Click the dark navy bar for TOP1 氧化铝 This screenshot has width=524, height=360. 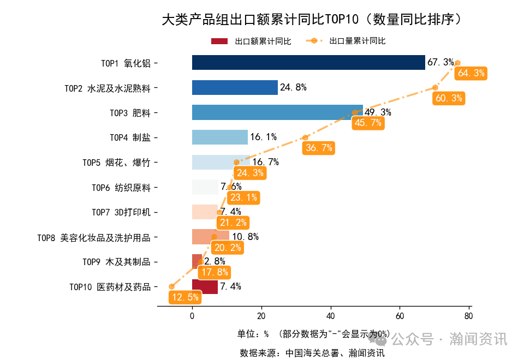[x=308, y=63]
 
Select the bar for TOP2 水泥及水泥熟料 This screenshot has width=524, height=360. [x=235, y=87]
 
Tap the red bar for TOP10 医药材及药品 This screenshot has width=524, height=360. [x=205, y=286]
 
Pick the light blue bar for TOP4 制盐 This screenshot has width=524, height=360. [x=219, y=137]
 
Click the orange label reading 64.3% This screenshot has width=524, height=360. [x=471, y=73]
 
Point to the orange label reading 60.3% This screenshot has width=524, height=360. [x=449, y=98]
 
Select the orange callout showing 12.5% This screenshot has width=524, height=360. [x=184, y=297]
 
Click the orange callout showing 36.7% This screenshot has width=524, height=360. [x=319, y=148]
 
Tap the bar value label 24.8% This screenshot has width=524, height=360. [x=293, y=87]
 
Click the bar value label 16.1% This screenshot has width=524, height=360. [x=263, y=137]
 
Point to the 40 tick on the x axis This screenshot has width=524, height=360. [x=330, y=315]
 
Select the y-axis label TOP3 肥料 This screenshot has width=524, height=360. [x=130, y=113]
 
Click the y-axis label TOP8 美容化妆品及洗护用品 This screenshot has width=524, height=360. [x=93, y=237]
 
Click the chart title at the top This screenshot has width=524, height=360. [x=314, y=20]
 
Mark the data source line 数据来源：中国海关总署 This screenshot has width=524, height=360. [x=312, y=353]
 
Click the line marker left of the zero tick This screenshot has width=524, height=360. [x=171, y=286]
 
